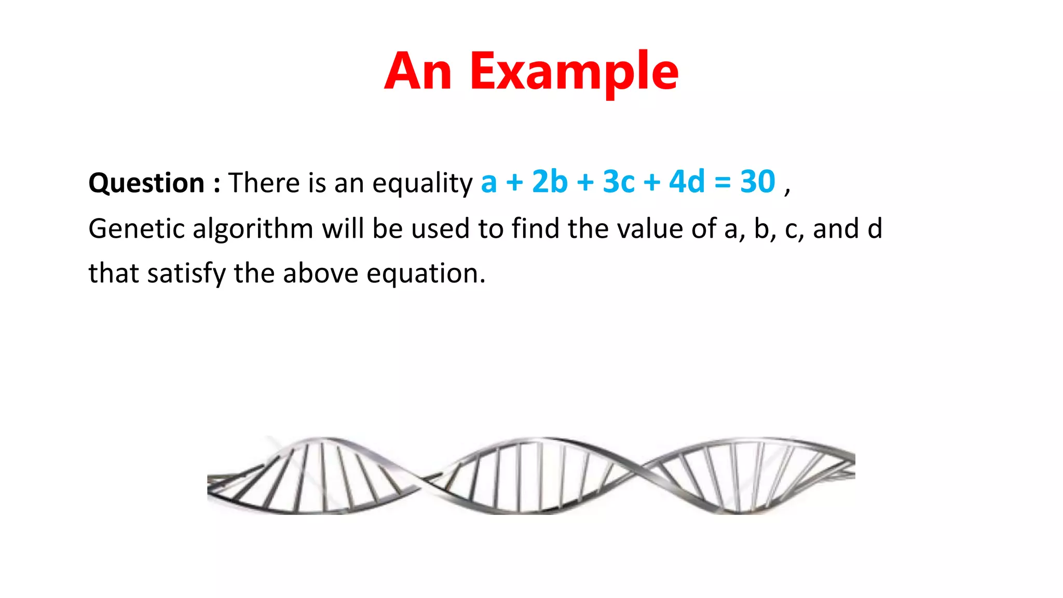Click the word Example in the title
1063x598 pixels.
[x=574, y=73]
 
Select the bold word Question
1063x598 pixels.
[x=146, y=183]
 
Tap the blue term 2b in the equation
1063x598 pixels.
[x=550, y=182]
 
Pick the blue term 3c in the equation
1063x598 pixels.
[x=619, y=182]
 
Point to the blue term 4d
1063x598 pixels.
[x=687, y=182]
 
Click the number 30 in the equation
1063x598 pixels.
[x=757, y=182]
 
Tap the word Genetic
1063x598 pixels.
[x=136, y=228]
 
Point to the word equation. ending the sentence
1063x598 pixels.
[x=426, y=274]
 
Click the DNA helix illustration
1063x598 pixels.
[x=531, y=475]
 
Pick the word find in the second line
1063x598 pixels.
[x=535, y=228]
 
